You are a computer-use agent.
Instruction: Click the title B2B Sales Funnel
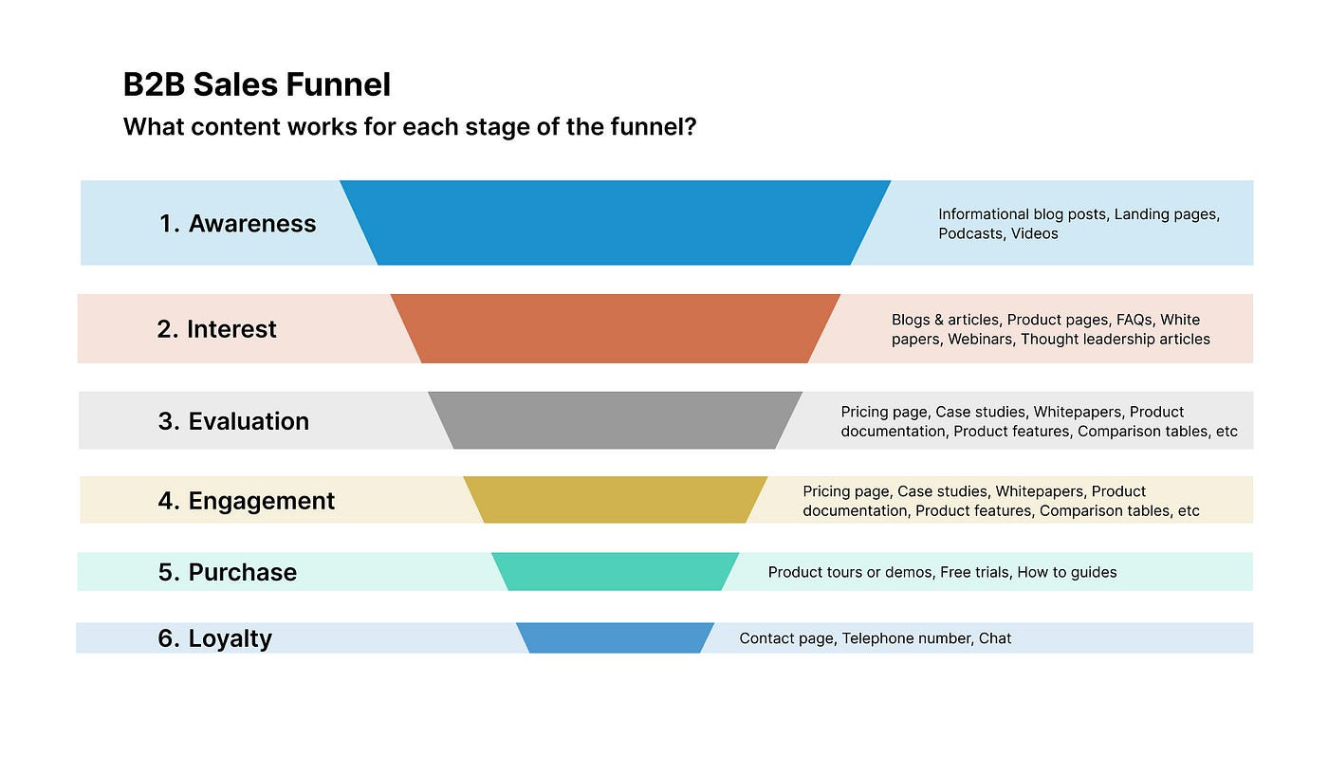pyautogui.click(x=256, y=85)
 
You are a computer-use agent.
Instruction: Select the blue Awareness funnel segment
pyautogui.click(x=615, y=223)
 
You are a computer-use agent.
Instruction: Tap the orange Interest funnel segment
pyautogui.click(x=615, y=328)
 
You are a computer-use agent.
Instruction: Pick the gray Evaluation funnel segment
pyautogui.click(x=615, y=420)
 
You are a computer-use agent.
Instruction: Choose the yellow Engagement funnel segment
pyautogui.click(x=615, y=500)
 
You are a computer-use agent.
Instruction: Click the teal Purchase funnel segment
pyautogui.click(x=615, y=572)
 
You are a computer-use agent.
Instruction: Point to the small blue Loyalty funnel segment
pyautogui.click(x=615, y=637)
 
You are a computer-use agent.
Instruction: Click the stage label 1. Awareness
pyautogui.click(x=237, y=224)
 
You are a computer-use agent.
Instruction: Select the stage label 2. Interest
pyautogui.click(x=216, y=329)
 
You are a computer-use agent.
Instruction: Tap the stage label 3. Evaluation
pyautogui.click(x=233, y=421)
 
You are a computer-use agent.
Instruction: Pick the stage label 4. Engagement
pyautogui.click(x=246, y=501)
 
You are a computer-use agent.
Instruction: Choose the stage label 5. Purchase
pyautogui.click(x=227, y=572)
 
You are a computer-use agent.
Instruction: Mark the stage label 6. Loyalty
pyautogui.click(x=214, y=638)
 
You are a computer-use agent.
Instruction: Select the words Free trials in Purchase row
pyautogui.click(x=974, y=572)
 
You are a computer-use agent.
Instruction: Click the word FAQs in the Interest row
pyautogui.click(x=1134, y=320)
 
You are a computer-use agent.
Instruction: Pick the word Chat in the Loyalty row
pyautogui.click(x=995, y=638)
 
